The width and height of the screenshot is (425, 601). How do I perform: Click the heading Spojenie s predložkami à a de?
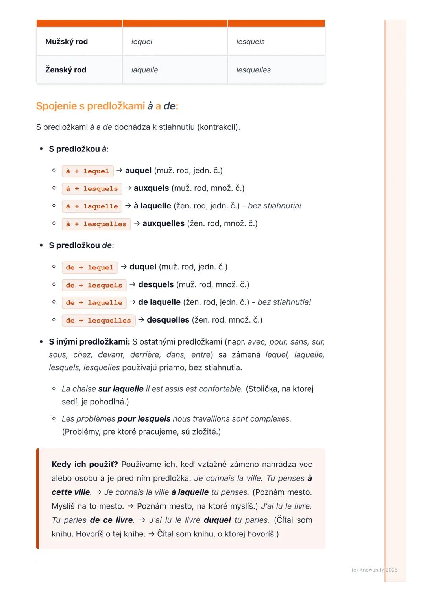(x=107, y=106)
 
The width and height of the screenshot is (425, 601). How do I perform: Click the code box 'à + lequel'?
(x=88, y=171)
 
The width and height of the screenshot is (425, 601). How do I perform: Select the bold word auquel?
(x=138, y=171)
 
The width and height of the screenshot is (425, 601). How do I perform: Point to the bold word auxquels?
(x=151, y=188)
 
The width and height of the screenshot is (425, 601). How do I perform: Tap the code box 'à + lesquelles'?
(x=96, y=224)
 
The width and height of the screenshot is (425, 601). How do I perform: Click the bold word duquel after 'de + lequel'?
(x=143, y=267)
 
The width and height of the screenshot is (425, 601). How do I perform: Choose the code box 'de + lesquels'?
(x=94, y=285)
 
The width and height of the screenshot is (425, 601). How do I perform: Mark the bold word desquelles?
(x=168, y=320)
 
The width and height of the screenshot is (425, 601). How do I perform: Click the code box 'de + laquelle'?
(x=94, y=303)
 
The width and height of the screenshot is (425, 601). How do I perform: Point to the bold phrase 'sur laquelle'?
(x=121, y=389)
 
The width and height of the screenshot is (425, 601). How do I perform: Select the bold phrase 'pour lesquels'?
(x=144, y=419)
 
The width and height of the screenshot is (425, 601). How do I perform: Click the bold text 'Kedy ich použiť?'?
(x=85, y=465)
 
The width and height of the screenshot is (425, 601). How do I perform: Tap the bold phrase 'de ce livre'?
(x=111, y=520)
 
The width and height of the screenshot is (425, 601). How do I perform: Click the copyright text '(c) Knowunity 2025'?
(x=374, y=570)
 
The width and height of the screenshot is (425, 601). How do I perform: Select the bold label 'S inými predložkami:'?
(x=89, y=342)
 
